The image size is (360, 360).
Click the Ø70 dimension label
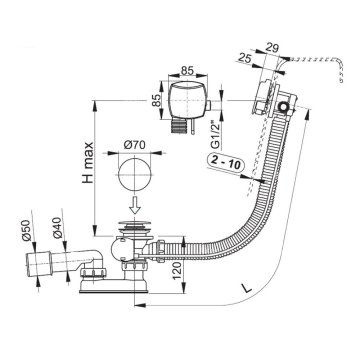[x=135, y=145]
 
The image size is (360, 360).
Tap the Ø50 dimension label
[x=27, y=230]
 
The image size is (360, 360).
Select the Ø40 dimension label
[x=57, y=228]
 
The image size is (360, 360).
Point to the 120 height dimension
[x=177, y=270]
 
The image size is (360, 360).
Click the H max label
[x=88, y=162]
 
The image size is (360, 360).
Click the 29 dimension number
[x=273, y=47]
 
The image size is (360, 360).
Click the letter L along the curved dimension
[x=247, y=288]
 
